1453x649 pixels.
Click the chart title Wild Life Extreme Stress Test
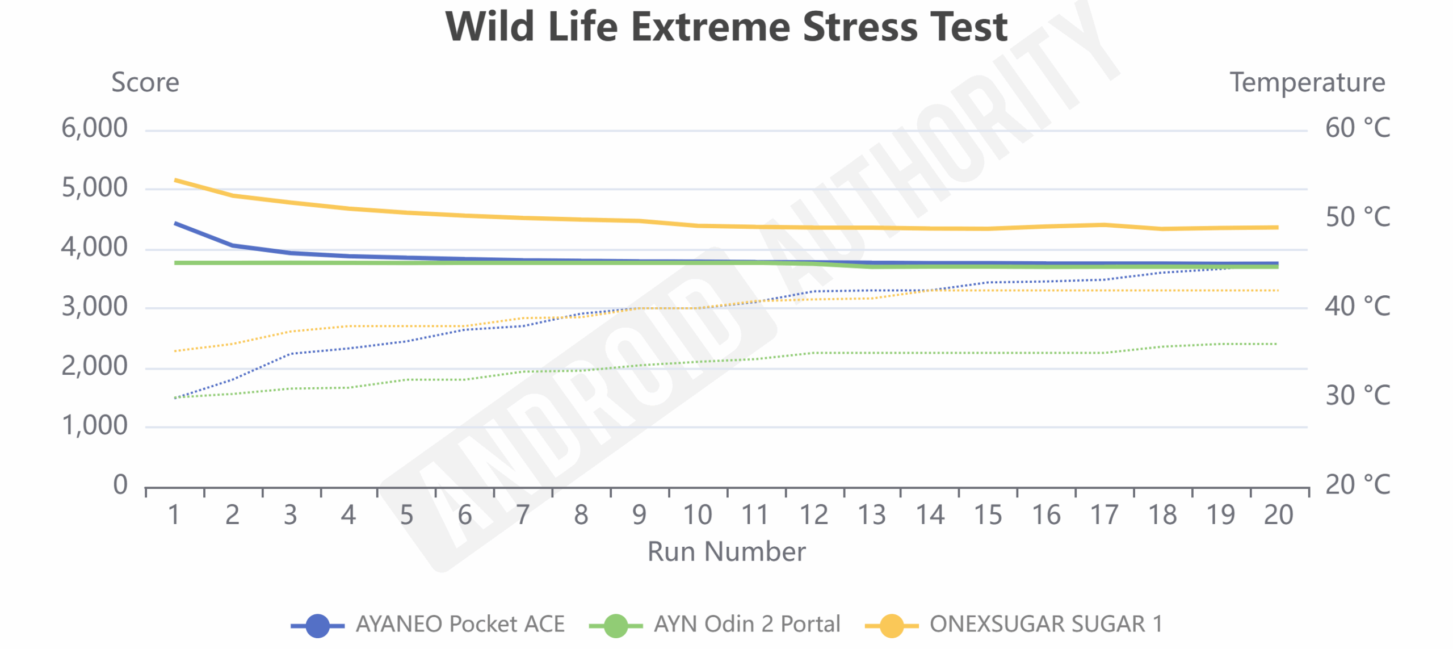pyautogui.click(x=726, y=27)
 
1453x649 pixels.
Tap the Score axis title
pyautogui.click(x=145, y=83)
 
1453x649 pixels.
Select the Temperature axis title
pyautogui.click(x=1307, y=83)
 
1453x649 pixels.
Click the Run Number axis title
pyautogui.click(x=726, y=552)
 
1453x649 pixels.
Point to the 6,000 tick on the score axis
pyautogui.click(x=95, y=128)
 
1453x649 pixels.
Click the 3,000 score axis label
pyautogui.click(x=95, y=307)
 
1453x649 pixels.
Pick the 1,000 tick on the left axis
pyautogui.click(x=95, y=426)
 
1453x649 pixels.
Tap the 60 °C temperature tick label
pyautogui.click(x=1358, y=128)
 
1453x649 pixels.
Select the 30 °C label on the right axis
pyautogui.click(x=1358, y=396)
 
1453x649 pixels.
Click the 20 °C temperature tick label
pyautogui.click(x=1358, y=485)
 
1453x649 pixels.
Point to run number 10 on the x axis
pyautogui.click(x=698, y=516)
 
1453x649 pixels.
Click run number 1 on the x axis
pyautogui.click(x=174, y=516)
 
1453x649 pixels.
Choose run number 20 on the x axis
pyautogui.click(x=1278, y=516)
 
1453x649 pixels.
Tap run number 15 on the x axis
pyautogui.click(x=988, y=516)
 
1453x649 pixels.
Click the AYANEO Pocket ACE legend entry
pyautogui.click(x=460, y=625)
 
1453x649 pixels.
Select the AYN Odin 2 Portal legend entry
pyautogui.click(x=746, y=625)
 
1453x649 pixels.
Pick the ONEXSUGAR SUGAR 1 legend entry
pyautogui.click(x=1045, y=625)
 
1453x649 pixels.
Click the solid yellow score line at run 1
pyautogui.click(x=176, y=181)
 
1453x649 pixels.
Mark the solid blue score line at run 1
pyautogui.click(x=176, y=224)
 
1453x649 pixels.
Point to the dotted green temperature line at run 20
pyautogui.click(x=1276, y=344)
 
